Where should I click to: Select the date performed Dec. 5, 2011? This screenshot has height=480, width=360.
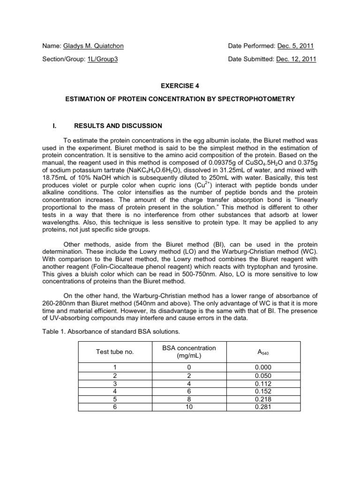coord(296,46)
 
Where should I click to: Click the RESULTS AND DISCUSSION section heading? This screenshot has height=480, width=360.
coord(119,126)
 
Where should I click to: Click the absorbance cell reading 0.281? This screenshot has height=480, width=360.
coord(263,407)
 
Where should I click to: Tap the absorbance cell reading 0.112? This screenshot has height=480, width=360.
coord(263,383)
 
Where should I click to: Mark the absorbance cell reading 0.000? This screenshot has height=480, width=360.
coord(263,367)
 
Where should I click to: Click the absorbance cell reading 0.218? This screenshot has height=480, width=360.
coord(263,399)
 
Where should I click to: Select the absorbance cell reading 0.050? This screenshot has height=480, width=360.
coord(263,375)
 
